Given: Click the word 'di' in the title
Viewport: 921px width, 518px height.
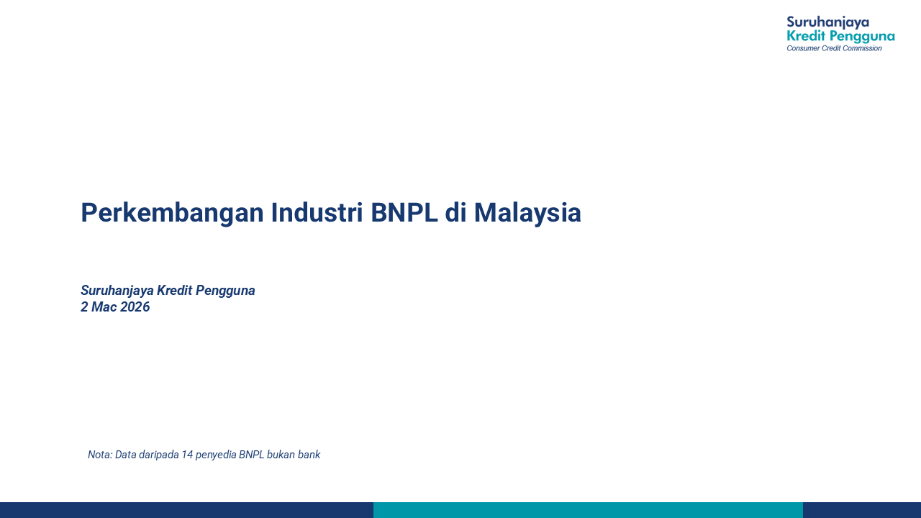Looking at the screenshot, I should [x=455, y=213].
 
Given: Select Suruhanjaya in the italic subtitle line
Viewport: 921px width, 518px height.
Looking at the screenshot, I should [x=117, y=291].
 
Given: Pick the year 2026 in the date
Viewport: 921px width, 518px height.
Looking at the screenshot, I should [x=135, y=307].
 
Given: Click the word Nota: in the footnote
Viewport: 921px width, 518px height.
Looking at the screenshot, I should [x=100, y=455].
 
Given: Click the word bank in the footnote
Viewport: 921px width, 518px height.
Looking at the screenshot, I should [x=309, y=455].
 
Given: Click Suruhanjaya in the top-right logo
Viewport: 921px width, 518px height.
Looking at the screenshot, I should [x=827, y=22].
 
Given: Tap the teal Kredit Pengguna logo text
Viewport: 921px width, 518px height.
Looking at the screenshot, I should [x=840, y=36].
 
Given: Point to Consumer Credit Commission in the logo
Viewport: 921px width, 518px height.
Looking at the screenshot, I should [x=834, y=48].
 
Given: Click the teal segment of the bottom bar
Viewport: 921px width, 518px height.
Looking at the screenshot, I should [x=588, y=510].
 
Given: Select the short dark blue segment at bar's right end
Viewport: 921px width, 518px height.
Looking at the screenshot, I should [x=862, y=510].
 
